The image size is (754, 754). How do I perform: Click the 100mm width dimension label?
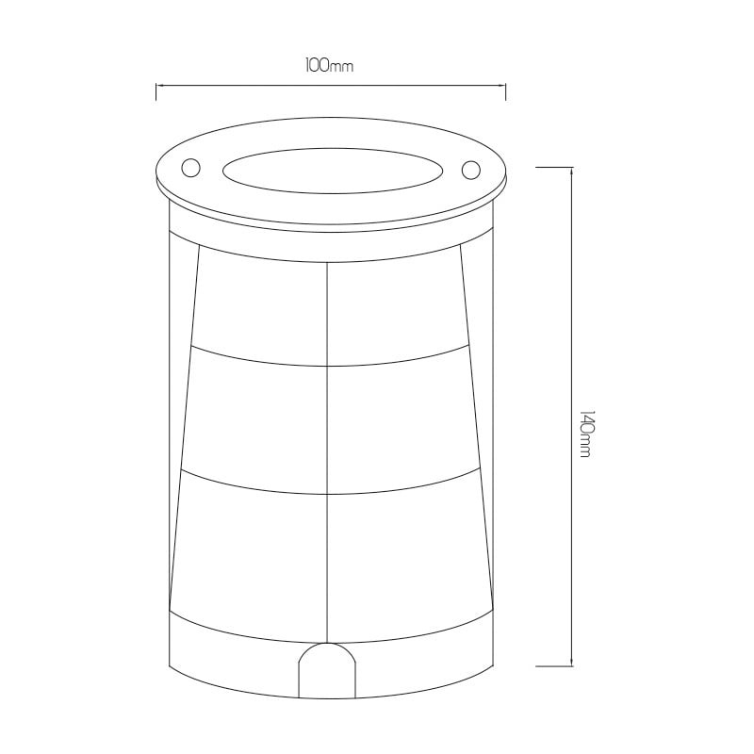(329, 65)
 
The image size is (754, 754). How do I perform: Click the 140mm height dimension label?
(584, 434)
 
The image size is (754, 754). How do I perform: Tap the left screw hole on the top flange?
(190, 168)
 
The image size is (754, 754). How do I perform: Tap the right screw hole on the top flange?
(470, 170)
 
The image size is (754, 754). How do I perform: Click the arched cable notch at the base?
(327, 671)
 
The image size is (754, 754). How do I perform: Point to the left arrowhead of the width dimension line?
(160, 86)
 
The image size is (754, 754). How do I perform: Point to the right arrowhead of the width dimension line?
(501, 86)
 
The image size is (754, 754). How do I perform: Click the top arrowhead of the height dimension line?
(571, 172)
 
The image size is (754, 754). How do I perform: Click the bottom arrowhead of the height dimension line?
(571, 661)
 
